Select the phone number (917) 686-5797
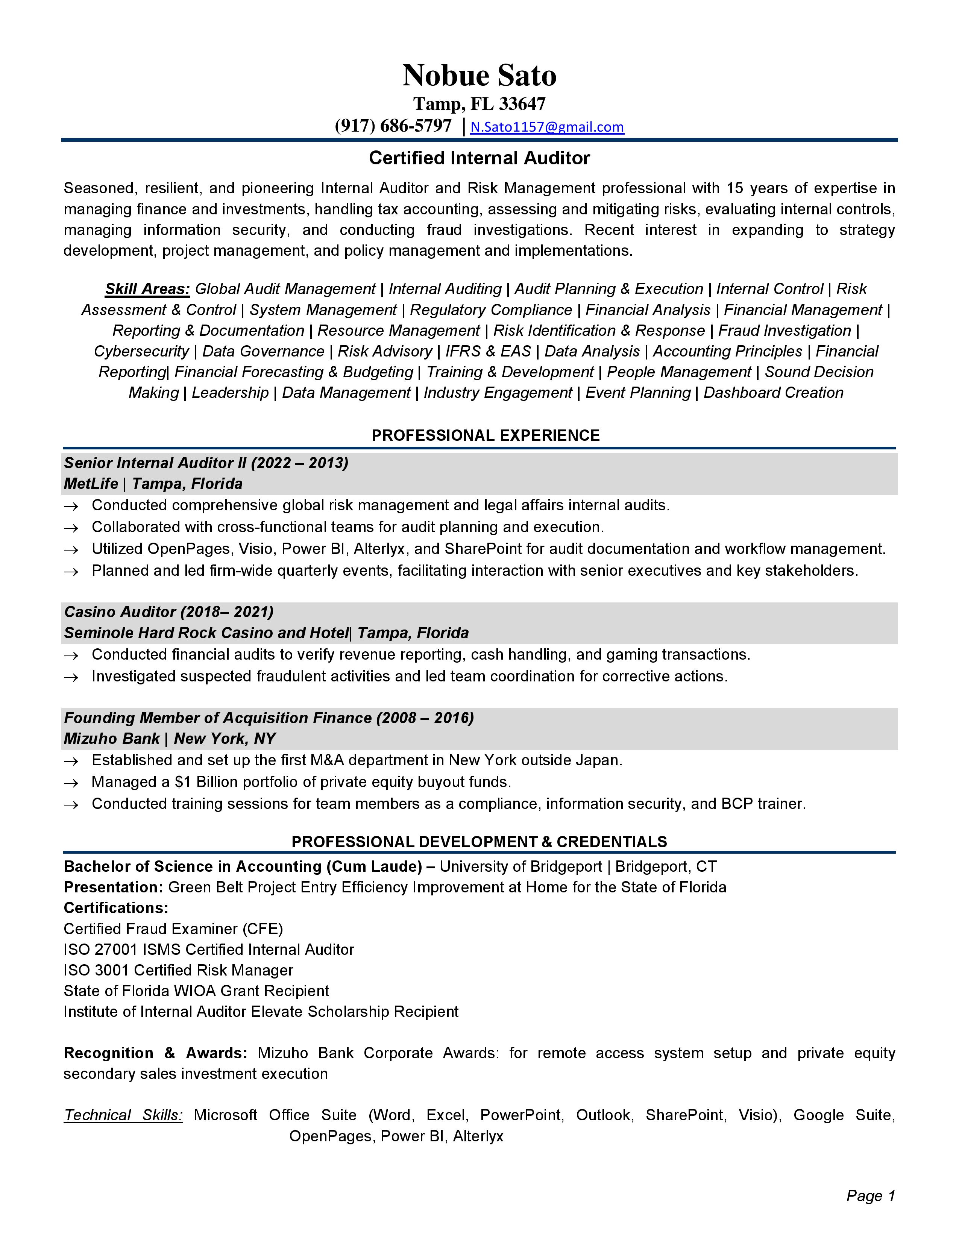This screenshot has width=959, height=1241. (393, 126)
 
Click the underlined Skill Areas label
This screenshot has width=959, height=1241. (147, 289)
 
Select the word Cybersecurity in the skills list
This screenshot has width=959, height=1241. (141, 352)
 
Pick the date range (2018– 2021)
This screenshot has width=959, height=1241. (227, 612)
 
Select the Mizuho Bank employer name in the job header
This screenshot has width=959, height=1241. (111, 739)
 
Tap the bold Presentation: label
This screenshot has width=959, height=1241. (114, 888)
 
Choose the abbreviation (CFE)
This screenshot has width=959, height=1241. (263, 929)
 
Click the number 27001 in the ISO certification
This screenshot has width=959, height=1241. (117, 950)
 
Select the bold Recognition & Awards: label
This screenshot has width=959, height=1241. (155, 1053)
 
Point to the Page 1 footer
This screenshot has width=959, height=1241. (870, 1196)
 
